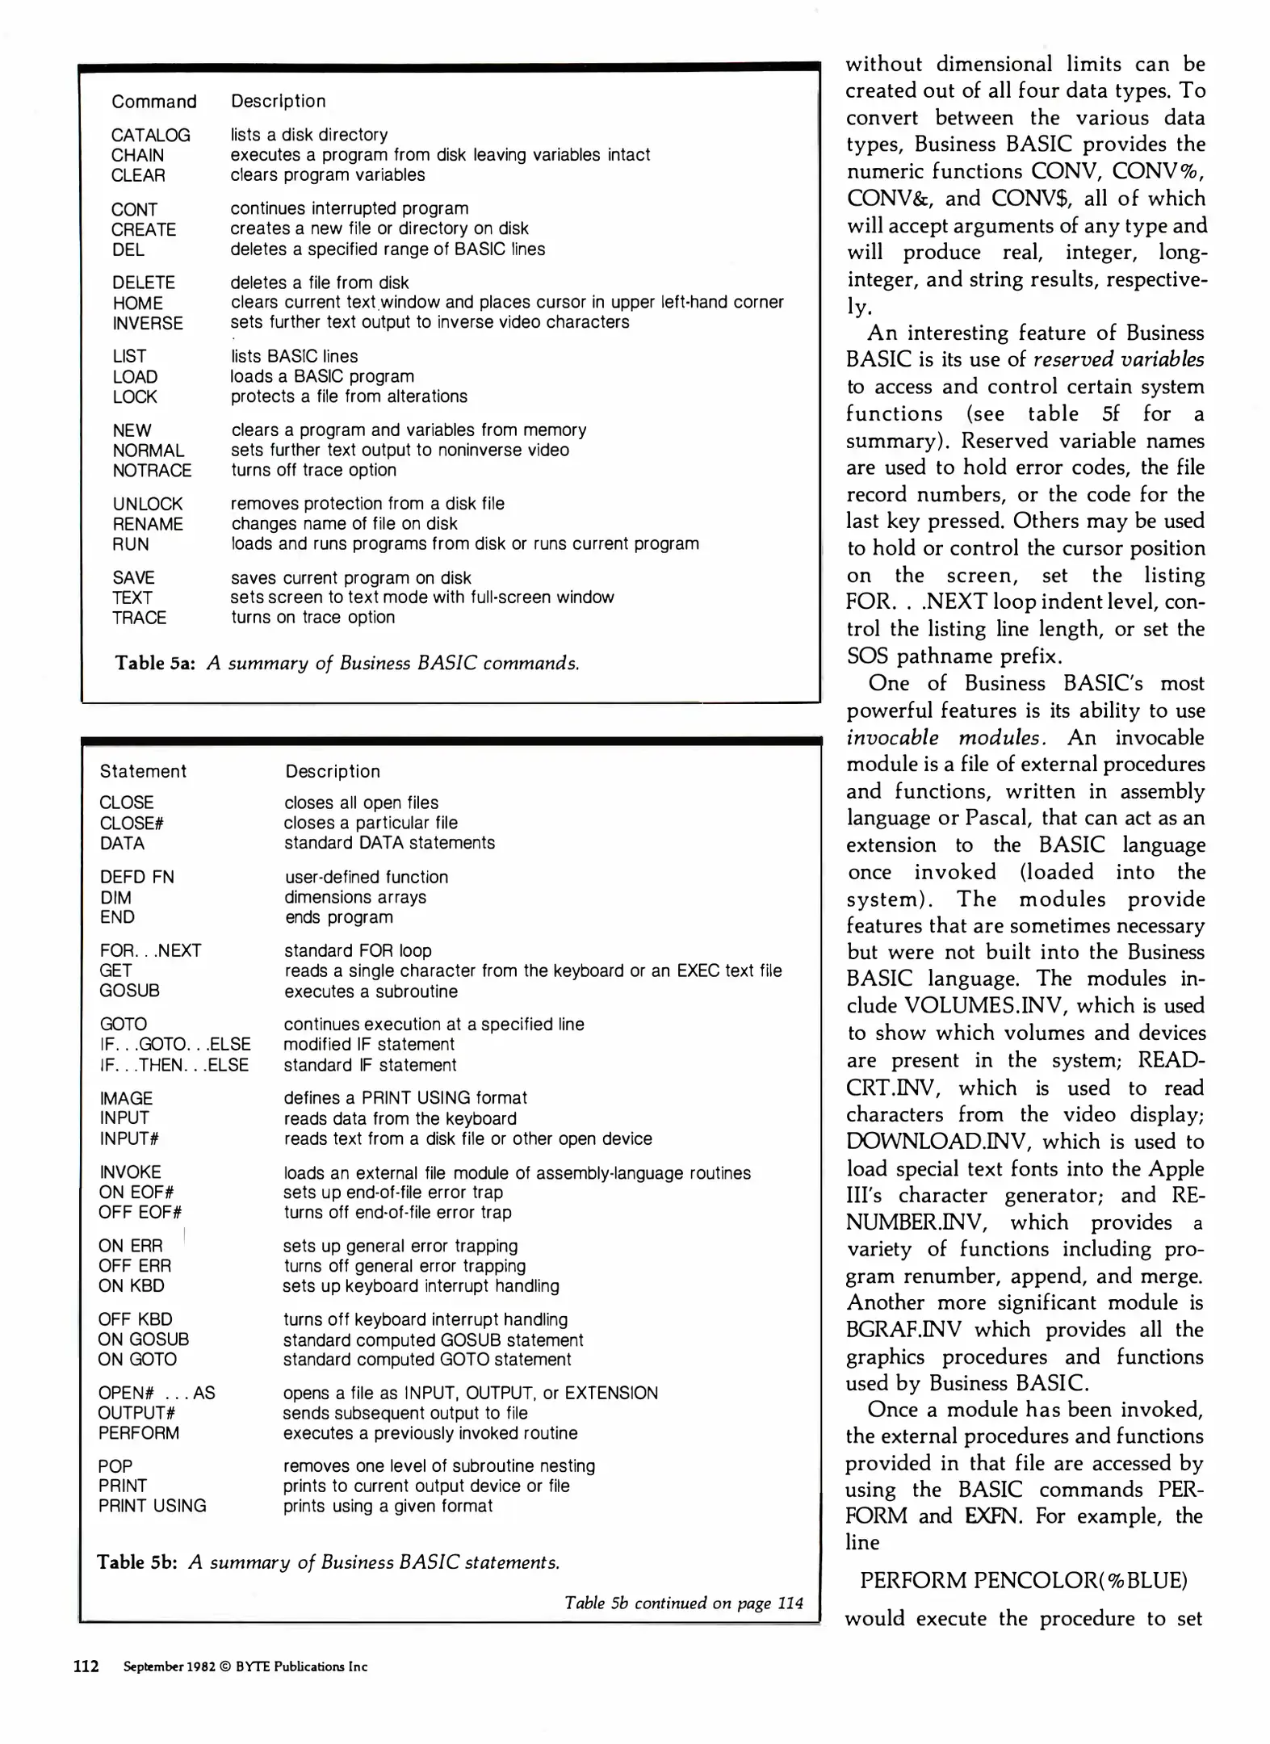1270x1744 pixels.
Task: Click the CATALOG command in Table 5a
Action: [151, 135]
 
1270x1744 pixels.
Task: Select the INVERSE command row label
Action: [148, 323]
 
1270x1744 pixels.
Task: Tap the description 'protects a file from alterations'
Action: [349, 396]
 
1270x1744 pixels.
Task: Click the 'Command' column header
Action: [153, 102]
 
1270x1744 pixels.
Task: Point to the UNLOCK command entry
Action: [148, 504]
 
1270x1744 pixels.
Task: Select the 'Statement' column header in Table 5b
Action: [143, 771]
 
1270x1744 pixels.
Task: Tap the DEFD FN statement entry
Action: [136, 877]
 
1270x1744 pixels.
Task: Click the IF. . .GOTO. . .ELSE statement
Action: [175, 1044]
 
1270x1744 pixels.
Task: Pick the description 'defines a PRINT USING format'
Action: [404, 1098]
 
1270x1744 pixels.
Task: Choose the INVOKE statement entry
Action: [130, 1172]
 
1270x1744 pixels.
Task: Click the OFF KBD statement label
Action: [135, 1319]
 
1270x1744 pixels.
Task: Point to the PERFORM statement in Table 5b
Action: [138, 1433]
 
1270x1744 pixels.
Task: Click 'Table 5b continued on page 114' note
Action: [683, 1603]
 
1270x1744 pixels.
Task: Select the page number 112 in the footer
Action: [86, 1666]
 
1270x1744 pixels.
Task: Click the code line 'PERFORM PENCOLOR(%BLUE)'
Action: [1023, 1580]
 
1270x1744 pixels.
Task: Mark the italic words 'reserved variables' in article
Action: [1118, 359]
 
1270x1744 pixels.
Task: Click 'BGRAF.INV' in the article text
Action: [904, 1329]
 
